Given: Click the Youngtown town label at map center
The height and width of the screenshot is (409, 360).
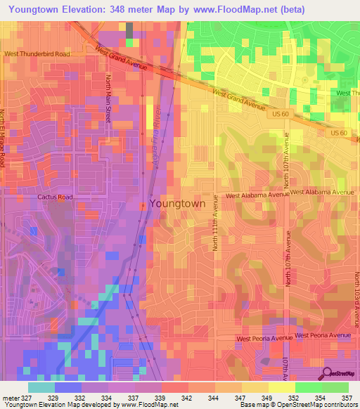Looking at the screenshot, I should coord(177,203).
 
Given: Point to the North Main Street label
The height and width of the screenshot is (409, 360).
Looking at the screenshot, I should coord(108,98).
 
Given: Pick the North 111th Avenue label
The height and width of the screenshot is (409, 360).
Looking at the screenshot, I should coord(217,232).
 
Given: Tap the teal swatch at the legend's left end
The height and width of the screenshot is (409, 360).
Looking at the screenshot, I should coord(41,387).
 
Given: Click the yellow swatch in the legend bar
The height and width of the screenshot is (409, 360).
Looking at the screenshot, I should coord(281,387).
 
